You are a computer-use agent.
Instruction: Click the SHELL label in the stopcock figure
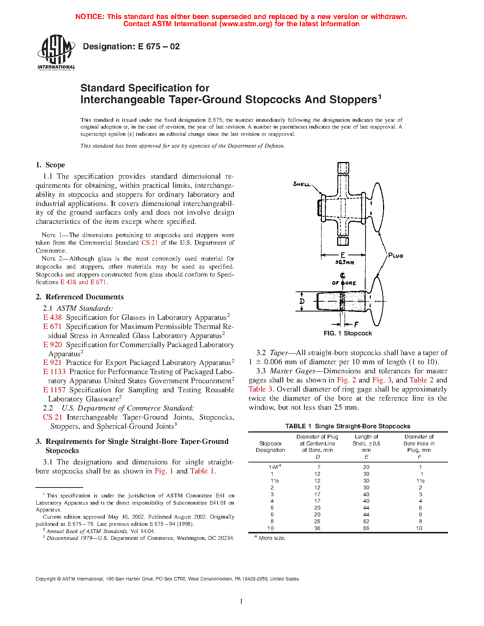[x=302, y=184]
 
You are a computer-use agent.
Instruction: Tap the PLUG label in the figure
[x=396, y=256]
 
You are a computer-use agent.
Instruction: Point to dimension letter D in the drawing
[x=302, y=301]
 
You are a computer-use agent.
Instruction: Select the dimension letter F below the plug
[x=356, y=325]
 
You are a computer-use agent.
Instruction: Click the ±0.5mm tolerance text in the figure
[x=344, y=263]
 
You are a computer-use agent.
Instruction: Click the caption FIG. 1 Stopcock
[x=348, y=333]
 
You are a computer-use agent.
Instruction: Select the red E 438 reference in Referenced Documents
[x=52, y=318]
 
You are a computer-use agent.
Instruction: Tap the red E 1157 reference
[x=54, y=390]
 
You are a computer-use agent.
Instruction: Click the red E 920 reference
[x=52, y=345]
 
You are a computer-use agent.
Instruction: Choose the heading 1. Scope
[x=50, y=165]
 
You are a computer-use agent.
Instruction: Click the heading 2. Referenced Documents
[x=80, y=297]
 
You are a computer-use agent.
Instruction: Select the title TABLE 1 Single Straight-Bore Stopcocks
[x=348, y=426]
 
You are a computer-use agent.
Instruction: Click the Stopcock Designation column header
[x=270, y=447]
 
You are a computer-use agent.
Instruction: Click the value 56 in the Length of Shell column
[x=366, y=528]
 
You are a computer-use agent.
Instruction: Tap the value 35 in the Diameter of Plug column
[x=317, y=528]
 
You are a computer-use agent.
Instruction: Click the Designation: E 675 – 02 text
[x=131, y=47]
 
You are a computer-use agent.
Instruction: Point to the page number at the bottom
[x=241, y=601]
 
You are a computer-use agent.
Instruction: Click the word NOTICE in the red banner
[x=90, y=17]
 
